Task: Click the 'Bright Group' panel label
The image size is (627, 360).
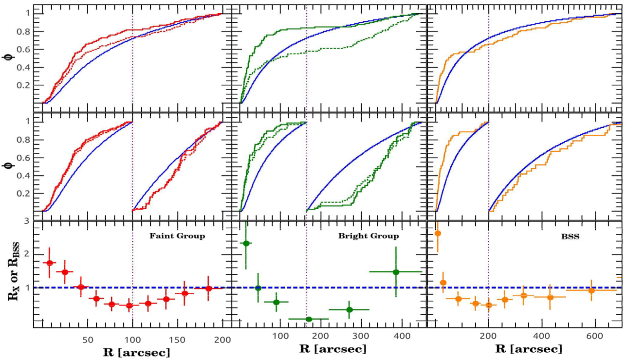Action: tap(369, 236)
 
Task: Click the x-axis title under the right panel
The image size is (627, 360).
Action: tap(528, 349)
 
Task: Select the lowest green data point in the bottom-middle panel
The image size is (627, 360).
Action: tap(309, 319)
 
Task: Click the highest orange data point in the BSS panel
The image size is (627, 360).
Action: tap(438, 234)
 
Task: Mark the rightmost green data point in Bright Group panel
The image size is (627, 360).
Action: tap(396, 272)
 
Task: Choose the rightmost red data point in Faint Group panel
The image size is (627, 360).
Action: tap(208, 288)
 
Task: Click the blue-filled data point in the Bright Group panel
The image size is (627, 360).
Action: tap(258, 288)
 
